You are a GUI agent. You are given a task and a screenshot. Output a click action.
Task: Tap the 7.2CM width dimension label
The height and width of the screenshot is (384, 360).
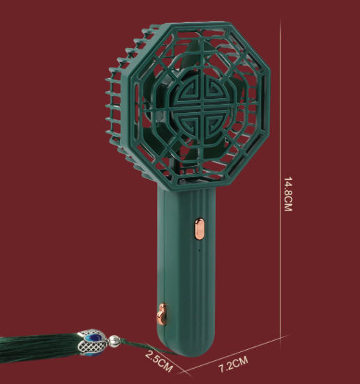(x=233, y=364)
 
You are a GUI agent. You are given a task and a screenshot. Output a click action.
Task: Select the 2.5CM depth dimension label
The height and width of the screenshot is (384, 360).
(x=159, y=361)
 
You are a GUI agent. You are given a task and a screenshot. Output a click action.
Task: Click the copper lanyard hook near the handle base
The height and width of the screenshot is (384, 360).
(x=162, y=314)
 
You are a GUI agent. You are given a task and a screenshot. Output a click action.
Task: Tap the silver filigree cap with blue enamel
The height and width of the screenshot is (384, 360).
(x=91, y=342)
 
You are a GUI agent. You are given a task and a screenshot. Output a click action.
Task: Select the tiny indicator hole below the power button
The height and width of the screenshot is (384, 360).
(x=199, y=250)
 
